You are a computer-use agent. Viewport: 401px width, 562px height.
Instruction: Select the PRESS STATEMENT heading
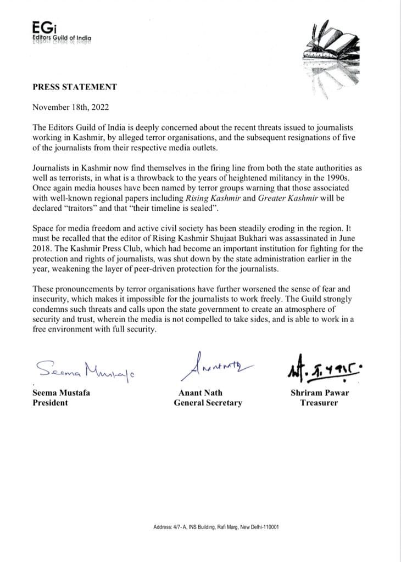tap(75, 87)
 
